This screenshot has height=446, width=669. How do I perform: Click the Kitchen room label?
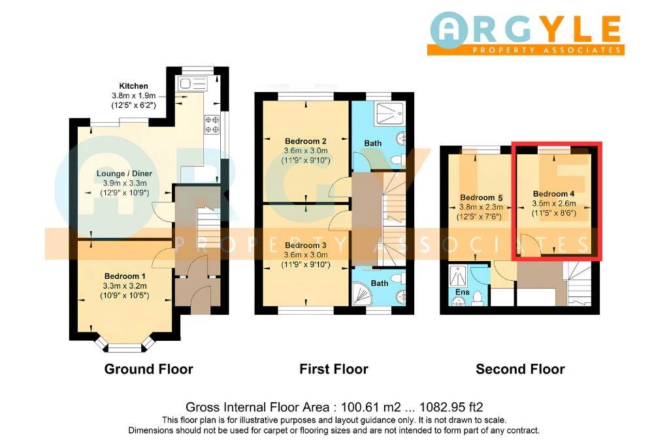[133, 86]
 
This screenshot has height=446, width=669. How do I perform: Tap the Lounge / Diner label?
[124, 174]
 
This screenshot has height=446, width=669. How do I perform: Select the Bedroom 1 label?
[125, 276]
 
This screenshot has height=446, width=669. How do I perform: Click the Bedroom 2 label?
[306, 141]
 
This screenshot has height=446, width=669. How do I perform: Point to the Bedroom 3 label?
[306, 245]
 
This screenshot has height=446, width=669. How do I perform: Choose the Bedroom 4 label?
[554, 194]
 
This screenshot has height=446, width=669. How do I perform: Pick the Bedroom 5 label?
[481, 198]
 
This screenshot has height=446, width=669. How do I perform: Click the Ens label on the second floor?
[463, 292]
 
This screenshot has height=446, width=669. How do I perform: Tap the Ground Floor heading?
[149, 369]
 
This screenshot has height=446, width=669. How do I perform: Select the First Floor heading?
[334, 369]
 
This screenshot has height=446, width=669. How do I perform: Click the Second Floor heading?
[520, 369]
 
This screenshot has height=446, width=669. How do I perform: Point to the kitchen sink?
[193, 84]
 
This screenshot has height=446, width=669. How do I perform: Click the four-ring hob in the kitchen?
[212, 125]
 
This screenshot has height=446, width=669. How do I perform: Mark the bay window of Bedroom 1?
[125, 343]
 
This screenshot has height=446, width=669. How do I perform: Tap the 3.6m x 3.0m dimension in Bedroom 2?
[306, 151]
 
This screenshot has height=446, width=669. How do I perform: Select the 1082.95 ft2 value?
[451, 407]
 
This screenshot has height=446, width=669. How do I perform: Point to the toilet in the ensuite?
[478, 298]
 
